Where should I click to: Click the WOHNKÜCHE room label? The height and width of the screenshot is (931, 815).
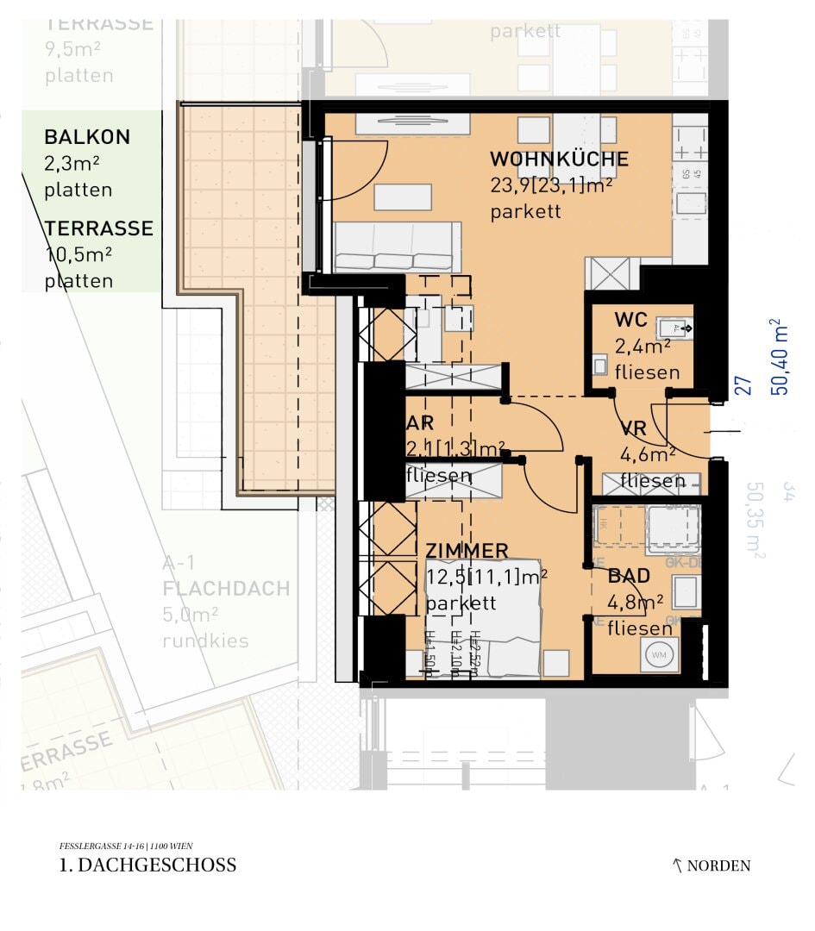pyautogui.click(x=559, y=159)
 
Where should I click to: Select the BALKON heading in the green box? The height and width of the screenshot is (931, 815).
pyautogui.click(x=87, y=137)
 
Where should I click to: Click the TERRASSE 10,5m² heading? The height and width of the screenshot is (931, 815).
pyautogui.click(x=98, y=228)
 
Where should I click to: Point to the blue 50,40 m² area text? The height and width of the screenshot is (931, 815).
pyautogui.click(x=780, y=357)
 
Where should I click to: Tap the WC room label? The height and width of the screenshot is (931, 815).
pyautogui.click(x=630, y=320)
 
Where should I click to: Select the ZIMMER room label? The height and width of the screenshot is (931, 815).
pyautogui.click(x=467, y=551)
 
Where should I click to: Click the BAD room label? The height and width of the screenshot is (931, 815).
pyautogui.click(x=629, y=577)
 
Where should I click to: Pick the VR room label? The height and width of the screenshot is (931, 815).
pyautogui.click(x=634, y=431)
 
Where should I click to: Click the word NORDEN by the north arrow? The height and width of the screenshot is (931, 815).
pyautogui.click(x=718, y=866)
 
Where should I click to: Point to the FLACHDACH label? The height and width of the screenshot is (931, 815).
pyautogui.click(x=226, y=590)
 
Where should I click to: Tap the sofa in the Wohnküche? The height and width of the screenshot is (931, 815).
pyautogui.click(x=397, y=248)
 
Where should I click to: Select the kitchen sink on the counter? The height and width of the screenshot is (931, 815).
pyautogui.click(x=692, y=204)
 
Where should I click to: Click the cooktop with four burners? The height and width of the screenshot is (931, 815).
pyautogui.click(x=690, y=142)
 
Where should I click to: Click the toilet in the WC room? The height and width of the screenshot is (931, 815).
pyautogui.click(x=600, y=365)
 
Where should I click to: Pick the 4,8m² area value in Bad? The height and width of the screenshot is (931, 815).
pyautogui.click(x=635, y=602)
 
